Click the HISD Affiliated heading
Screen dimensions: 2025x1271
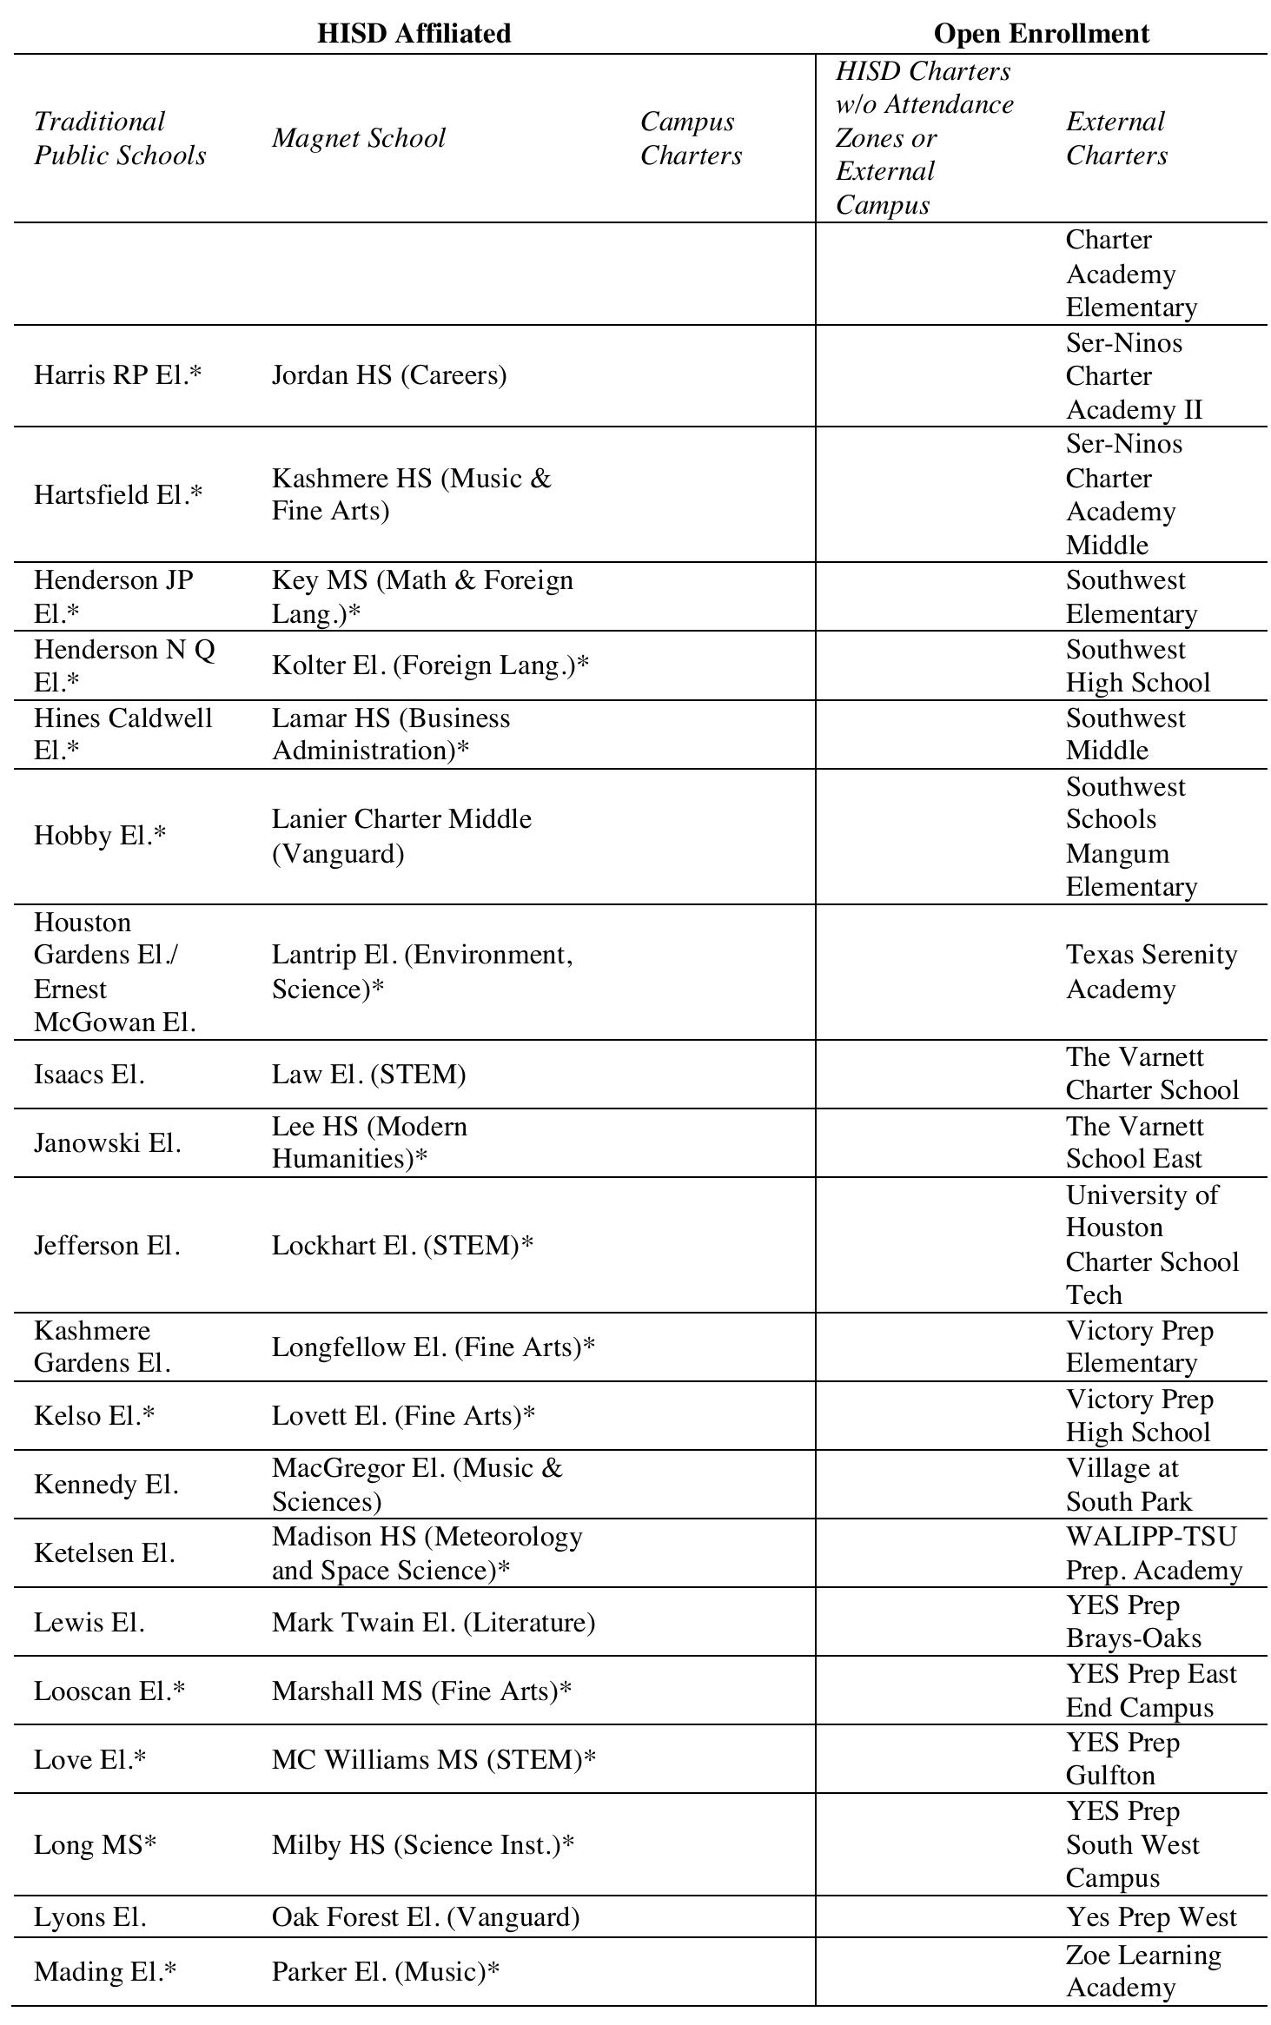pyautogui.click(x=414, y=33)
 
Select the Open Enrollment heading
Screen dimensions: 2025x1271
pyautogui.click(x=1041, y=33)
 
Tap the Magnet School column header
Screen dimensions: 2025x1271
pyautogui.click(x=358, y=138)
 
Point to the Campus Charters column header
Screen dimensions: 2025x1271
pyautogui.click(x=691, y=138)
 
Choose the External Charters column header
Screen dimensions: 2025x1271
pyautogui.click(x=1116, y=138)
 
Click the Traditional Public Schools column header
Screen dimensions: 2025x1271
pyautogui.click(x=120, y=138)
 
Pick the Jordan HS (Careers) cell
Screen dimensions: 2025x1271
pyautogui.click(x=388, y=375)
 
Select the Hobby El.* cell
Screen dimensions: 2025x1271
pyautogui.click(x=100, y=836)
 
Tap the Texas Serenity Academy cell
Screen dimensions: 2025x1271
pyautogui.click(x=1151, y=972)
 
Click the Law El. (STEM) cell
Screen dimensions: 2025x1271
pyautogui.click(x=368, y=1075)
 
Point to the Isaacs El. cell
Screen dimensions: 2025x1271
pyautogui.click(x=89, y=1075)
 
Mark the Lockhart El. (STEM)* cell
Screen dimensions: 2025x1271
pyautogui.click(x=402, y=1245)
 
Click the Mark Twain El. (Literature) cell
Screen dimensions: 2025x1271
pyautogui.click(x=433, y=1622)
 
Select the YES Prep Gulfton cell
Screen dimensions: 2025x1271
pyautogui.click(x=1122, y=1759)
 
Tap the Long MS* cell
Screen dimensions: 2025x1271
pyautogui.click(x=95, y=1844)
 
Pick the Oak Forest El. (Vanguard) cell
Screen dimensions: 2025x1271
pyautogui.click(x=425, y=1916)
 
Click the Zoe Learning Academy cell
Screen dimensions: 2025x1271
pyautogui.click(x=1142, y=1970)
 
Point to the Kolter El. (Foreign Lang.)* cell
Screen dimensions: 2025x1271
pyautogui.click(x=430, y=665)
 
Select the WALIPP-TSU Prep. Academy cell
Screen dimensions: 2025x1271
pyautogui.click(x=1153, y=1553)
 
